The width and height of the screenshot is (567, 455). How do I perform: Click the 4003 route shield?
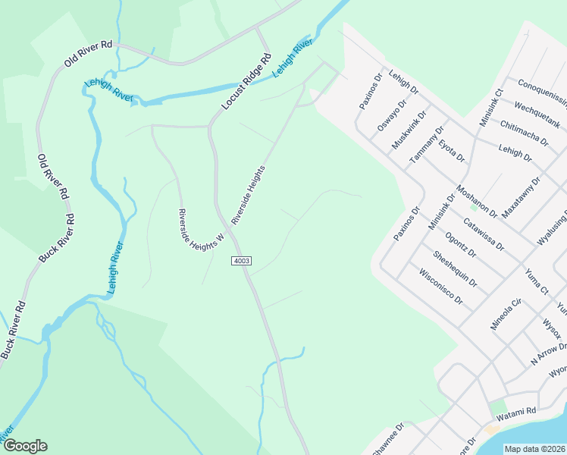(241, 261)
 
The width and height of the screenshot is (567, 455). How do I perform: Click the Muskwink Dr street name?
(409, 129)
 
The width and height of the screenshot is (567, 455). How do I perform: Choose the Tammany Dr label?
(425, 146)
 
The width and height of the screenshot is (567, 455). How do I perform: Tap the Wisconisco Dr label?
(440, 287)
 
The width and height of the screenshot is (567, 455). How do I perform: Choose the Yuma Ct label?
(536, 281)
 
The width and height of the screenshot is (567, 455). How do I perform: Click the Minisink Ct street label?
(491, 108)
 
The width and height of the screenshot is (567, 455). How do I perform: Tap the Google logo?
(25, 446)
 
